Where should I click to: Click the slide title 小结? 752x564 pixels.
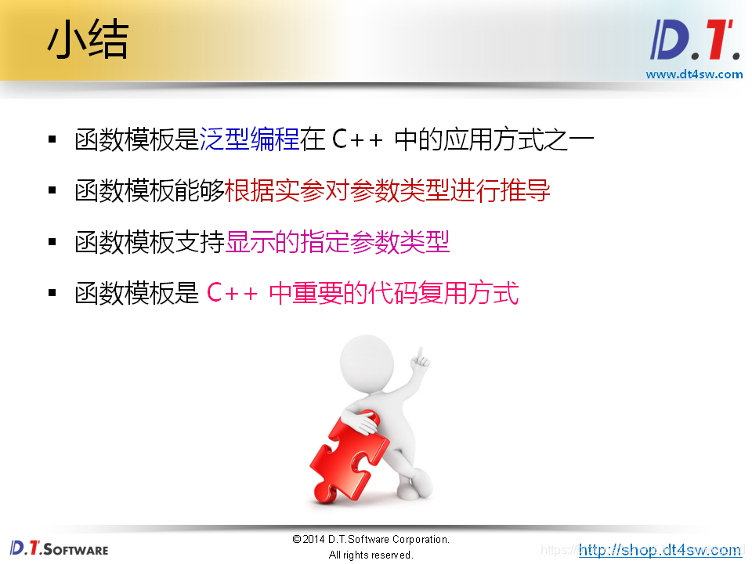tap(87, 41)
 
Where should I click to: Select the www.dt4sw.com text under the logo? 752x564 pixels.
tap(694, 74)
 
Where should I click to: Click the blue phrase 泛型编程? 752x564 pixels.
tap(250, 140)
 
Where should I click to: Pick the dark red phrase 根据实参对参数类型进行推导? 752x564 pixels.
tap(388, 191)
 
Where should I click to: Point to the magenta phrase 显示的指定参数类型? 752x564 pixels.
tap(338, 243)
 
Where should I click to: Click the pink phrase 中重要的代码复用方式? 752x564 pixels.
tap(393, 294)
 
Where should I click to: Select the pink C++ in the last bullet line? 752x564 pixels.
tap(232, 295)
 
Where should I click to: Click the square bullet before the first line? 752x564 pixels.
tap(52, 140)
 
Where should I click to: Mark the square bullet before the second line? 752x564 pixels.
tap(52, 191)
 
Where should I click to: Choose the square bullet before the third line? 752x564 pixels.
tap(52, 243)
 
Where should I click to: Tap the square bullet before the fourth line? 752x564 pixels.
tap(52, 294)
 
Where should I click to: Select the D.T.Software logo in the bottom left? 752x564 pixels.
tap(60, 548)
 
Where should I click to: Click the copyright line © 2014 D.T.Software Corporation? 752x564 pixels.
tap(371, 540)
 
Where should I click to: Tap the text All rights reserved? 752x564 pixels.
tap(371, 555)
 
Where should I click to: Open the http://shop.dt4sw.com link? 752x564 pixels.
tap(660, 550)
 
